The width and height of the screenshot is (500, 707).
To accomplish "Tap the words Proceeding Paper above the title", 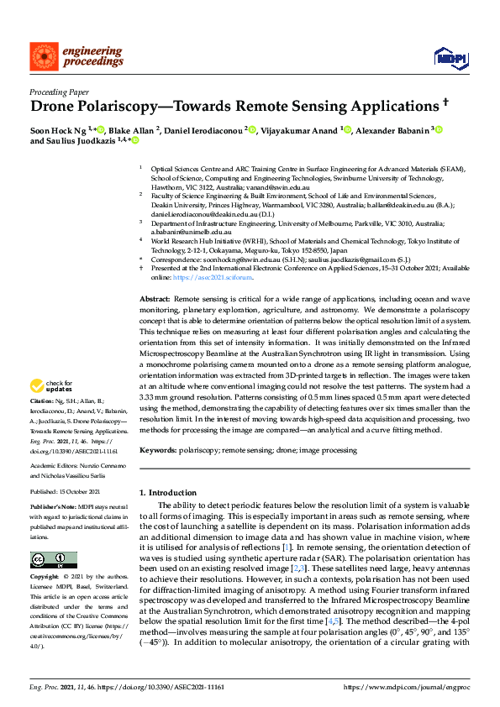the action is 59,92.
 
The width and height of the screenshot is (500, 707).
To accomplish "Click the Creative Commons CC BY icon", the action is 49,559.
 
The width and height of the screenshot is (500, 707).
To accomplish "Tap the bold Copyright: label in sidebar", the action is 45,578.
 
